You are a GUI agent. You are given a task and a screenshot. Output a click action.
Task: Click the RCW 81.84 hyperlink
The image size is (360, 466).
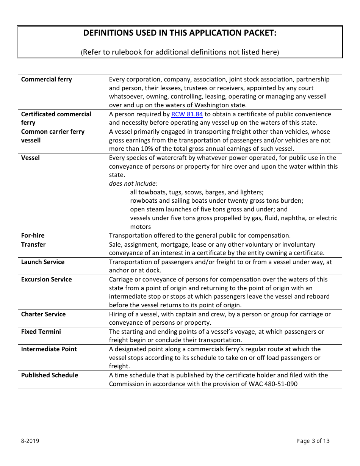187,114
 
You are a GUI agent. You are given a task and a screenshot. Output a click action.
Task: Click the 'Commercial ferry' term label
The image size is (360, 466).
46,79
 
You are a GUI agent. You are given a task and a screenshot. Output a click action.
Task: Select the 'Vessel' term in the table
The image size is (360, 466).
30,158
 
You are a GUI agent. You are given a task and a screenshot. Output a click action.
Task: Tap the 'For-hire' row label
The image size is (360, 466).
33,235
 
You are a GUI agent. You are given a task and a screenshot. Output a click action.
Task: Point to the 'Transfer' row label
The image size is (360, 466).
33,244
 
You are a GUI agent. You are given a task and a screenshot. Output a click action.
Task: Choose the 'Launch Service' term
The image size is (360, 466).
43,262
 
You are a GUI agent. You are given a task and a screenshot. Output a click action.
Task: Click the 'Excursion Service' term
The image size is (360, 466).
46,279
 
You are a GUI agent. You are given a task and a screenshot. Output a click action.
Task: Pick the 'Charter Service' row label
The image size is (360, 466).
43,314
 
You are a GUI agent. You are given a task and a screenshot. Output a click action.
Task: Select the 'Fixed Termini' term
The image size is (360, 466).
41,332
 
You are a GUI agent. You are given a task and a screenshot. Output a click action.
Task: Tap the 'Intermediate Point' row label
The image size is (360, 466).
49,349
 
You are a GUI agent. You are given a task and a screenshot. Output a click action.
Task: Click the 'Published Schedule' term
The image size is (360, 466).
50,375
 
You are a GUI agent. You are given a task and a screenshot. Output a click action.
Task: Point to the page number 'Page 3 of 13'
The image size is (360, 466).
313,441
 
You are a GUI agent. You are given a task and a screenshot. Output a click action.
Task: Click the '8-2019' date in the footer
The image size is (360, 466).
30,441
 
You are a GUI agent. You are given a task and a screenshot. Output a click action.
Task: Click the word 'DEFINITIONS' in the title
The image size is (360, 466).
108,33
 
